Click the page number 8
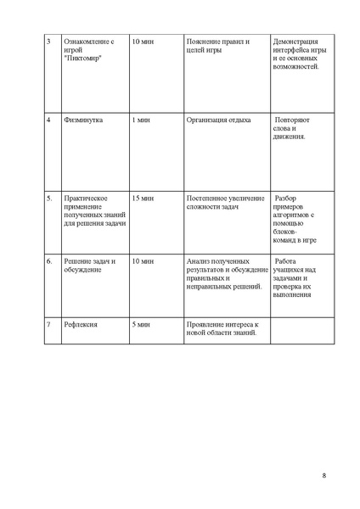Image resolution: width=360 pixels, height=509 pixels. point(324,474)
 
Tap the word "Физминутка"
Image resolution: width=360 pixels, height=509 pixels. point(84,120)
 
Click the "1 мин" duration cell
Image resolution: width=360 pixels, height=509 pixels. point(141,120)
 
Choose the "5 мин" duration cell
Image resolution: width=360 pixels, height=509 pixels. point(141,325)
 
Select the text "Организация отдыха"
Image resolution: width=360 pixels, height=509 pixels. point(218,120)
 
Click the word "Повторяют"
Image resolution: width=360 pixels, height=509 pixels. point(296,120)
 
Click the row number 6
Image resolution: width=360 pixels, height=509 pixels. point(49,261)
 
